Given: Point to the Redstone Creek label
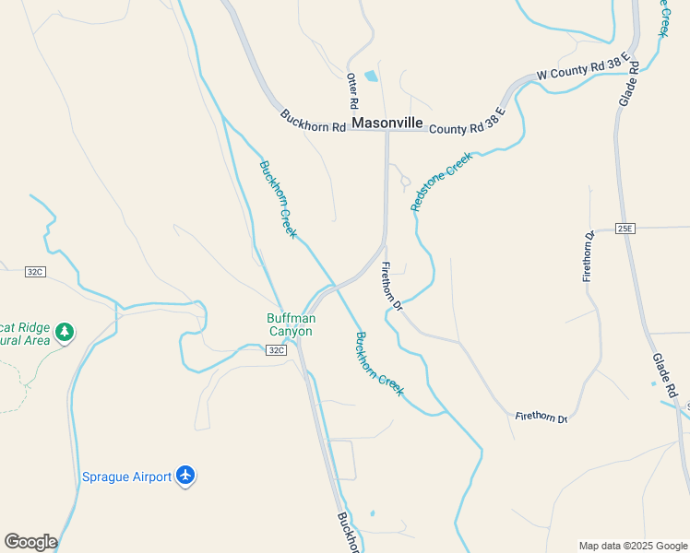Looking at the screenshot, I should [x=441, y=182].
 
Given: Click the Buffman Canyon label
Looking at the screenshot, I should [x=291, y=325].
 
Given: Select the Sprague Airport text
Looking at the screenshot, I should [x=126, y=477].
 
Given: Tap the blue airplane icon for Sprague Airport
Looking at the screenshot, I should [x=185, y=476].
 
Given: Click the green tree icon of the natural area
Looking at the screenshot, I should [x=64, y=331].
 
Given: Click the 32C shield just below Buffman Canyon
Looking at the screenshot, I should [x=277, y=350].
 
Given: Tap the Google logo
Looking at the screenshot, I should [x=30, y=542].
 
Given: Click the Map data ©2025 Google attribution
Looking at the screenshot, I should [x=633, y=546].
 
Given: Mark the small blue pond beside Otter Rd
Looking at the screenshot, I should [x=371, y=76].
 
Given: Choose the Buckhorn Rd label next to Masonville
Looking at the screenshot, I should [x=313, y=121].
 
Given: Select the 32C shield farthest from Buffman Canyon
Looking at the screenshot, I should [x=35, y=272].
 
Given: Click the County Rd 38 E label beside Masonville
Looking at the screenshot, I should [x=467, y=123].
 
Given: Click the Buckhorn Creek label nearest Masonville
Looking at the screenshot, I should [x=278, y=199].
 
